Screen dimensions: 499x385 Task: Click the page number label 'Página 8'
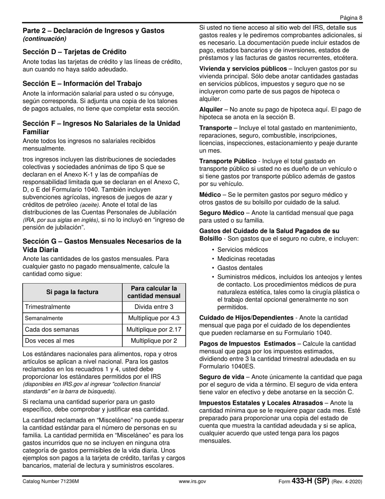(351, 17)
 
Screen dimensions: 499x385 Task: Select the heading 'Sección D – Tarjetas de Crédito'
(74, 52)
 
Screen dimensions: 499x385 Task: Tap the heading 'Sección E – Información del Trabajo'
(82, 84)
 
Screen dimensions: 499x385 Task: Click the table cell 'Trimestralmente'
(47, 307)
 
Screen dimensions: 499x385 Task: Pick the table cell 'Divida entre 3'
(154, 307)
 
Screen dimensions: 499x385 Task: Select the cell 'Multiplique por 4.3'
(154, 318)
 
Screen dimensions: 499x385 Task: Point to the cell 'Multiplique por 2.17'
(154, 330)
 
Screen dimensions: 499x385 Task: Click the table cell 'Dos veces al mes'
(50, 341)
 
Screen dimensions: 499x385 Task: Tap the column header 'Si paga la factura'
(72, 292)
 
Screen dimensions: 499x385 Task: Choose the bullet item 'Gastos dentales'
(240, 268)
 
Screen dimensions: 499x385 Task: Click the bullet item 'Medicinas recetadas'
(246, 259)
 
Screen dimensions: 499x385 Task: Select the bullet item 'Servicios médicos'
(242, 250)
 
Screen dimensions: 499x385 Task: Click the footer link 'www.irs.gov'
(192, 482)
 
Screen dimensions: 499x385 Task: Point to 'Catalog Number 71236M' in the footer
(51, 482)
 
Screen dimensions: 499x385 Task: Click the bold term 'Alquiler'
(211, 110)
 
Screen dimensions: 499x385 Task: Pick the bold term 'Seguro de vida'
(222, 377)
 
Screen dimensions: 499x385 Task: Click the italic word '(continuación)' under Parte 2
(45, 39)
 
